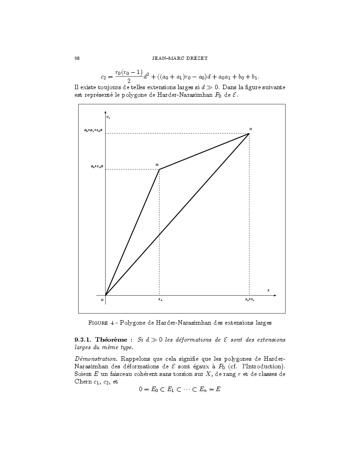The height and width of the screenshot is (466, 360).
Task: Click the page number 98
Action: point(77,58)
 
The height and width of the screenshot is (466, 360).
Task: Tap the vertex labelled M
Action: point(159,169)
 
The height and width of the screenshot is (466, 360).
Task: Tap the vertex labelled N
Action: point(249,133)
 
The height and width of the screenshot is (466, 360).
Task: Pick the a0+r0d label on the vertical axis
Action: point(97,166)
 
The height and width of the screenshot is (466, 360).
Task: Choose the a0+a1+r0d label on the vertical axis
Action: point(94,130)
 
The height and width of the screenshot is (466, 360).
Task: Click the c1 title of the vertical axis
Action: point(108,117)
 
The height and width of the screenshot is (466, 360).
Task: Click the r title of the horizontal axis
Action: point(268,290)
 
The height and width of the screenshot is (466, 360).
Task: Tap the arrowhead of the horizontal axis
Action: point(275,295)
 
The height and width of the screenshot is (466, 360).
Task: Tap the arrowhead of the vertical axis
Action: point(106,111)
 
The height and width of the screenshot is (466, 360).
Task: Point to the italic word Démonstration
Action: point(94,360)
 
